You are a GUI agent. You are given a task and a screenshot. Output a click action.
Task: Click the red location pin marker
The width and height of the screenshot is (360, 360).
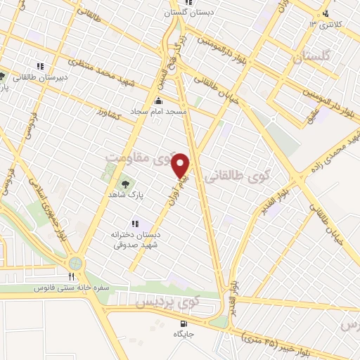[181, 166]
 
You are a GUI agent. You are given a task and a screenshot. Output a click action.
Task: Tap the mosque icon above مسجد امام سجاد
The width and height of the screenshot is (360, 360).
[157, 101]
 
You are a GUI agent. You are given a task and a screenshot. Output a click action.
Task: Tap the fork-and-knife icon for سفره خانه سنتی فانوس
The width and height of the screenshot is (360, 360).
[71, 276]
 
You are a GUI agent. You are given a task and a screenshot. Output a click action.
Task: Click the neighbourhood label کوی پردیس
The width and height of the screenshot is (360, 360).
[167, 302]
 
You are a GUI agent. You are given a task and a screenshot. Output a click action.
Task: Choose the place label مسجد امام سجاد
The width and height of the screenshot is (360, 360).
[157, 112]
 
